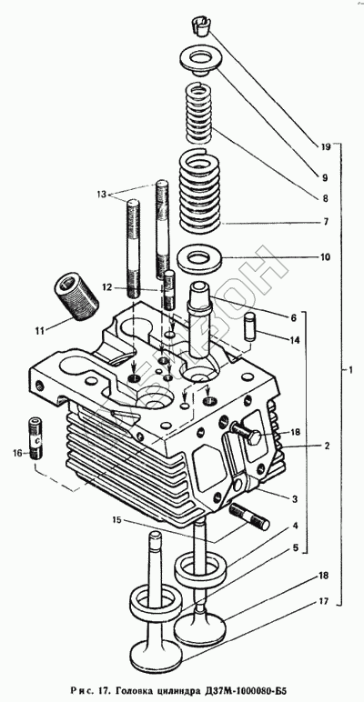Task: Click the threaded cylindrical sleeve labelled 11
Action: point(76,297)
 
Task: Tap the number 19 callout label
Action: point(326,146)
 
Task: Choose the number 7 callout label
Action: point(326,222)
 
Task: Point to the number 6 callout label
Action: point(293,318)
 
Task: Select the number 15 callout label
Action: point(117,520)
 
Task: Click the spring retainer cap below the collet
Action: point(198,60)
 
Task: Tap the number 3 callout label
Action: point(293,498)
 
